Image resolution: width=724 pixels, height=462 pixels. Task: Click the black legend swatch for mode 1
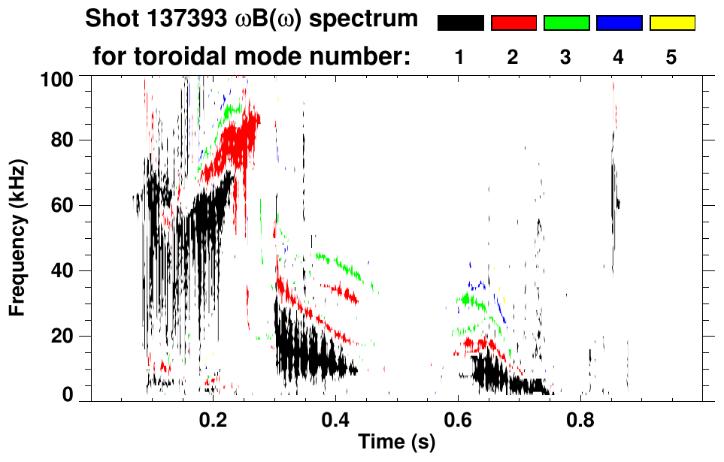(x=460, y=23)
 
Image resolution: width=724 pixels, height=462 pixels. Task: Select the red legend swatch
(x=513, y=23)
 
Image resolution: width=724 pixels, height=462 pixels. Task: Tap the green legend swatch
(x=566, y=23)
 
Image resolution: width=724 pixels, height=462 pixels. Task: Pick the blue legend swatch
(x=619, y=23)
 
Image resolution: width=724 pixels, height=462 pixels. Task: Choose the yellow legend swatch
(x=671, y=23)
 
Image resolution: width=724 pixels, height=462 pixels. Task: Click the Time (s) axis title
(x=395, y=443)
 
